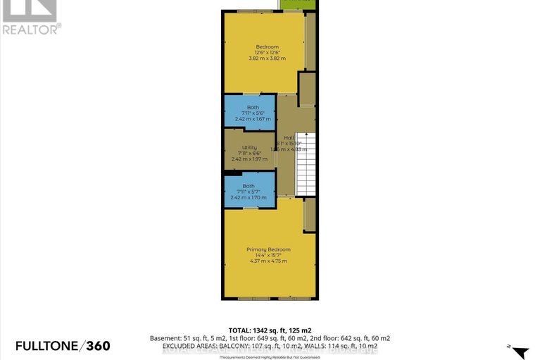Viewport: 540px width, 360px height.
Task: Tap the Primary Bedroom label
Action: coord(268,249)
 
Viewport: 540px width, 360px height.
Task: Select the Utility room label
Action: coord(249,147)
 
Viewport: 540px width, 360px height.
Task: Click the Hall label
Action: coord(288,137)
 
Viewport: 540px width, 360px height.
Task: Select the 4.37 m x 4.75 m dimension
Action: coord(268,261)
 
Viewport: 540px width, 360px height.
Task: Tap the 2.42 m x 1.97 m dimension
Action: coord(249,159)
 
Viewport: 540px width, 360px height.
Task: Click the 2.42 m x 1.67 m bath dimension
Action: coord(249,119)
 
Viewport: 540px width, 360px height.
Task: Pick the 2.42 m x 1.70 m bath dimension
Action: coord(249,198)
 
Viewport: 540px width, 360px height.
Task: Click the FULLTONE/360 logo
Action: coord(56,345)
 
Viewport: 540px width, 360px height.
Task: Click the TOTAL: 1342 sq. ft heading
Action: coord(270,330)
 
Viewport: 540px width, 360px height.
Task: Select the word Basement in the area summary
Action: coord(165,338)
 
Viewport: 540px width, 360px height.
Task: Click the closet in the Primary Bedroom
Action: coord(308,215)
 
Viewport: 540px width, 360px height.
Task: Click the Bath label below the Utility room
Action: coord(249,186)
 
